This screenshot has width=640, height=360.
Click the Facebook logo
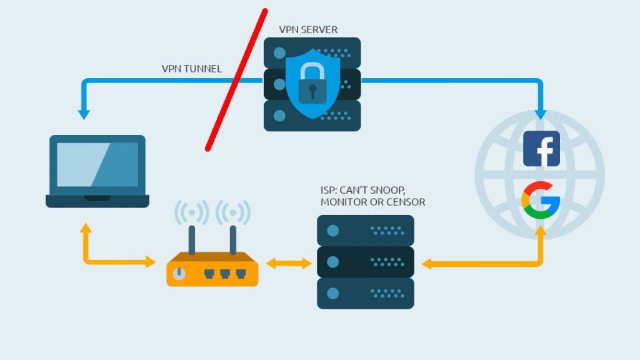(x=541, y=149)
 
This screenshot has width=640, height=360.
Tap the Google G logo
(x=541, y=200)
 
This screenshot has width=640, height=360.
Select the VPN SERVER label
(x=308, y=29)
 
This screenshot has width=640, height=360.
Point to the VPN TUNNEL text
(x=191, y=69)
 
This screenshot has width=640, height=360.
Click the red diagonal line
(x=236, y=80)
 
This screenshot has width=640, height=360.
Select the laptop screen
(x=97, y=164)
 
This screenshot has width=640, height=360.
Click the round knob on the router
(x=179, y=273)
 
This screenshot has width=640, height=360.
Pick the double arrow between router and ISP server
(x=289, y=264)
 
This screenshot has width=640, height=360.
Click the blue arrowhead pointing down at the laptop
(x=84, y=115)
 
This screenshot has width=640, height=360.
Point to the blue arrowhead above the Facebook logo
(x=541, y=115)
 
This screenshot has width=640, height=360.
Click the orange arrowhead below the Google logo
(x=541, y=231)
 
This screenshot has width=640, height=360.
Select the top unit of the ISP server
(x=366, y=230)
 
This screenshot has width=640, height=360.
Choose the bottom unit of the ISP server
(x=366, y=293)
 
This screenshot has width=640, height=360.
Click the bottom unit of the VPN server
(x=312, y=116)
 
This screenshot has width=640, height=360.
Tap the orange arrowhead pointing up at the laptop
(x=86, y=227)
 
